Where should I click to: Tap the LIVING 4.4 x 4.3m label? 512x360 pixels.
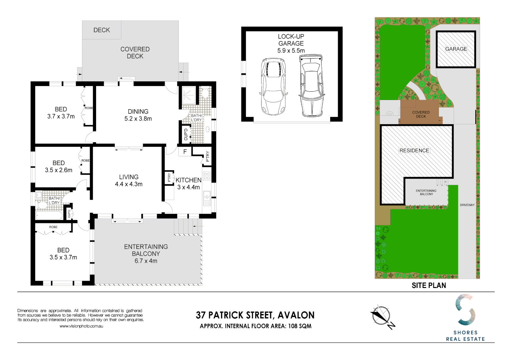129,180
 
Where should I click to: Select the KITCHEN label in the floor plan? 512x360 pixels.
188,180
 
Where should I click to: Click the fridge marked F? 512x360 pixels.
185,152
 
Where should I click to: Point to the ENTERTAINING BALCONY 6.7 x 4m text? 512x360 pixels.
146,254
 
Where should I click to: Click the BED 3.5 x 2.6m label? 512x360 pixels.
59,166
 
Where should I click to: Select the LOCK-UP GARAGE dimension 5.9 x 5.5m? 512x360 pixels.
291,51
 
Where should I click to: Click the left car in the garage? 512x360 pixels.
273,86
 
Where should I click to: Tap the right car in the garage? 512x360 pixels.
311,86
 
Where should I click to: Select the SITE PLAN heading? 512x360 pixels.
429,285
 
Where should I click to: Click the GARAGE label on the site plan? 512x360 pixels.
456,49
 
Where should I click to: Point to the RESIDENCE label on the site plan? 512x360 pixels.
414,151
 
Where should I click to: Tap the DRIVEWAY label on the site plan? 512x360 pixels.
467,205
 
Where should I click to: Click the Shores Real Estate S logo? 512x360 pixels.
465,310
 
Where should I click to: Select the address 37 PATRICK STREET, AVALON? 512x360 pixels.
255,315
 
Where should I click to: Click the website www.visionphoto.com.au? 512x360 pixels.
81,326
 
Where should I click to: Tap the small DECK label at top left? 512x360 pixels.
101,30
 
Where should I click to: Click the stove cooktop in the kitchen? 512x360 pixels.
207,176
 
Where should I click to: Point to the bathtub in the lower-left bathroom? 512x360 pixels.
49,216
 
